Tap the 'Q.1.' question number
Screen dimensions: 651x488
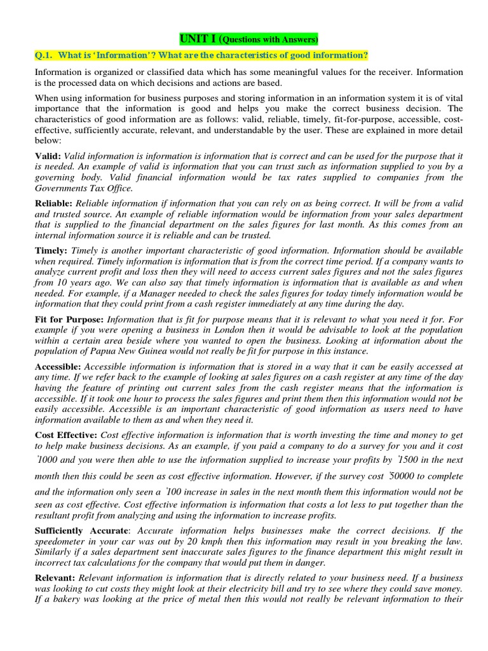tap(46, 56)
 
